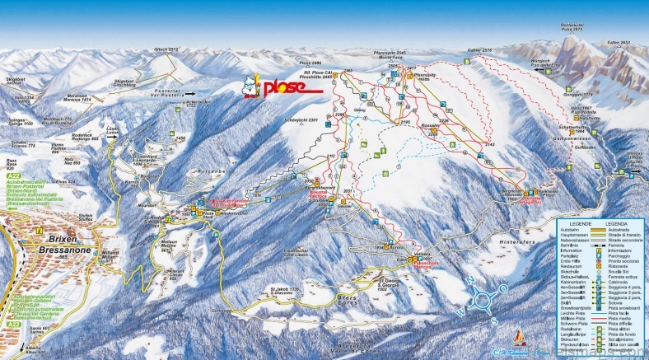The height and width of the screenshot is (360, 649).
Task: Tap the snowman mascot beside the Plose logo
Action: click(x=251, y=87)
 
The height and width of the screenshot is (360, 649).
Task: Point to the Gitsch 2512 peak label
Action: click(x=166, y=49)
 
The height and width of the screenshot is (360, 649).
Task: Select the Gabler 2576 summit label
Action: click(x=480, y=50)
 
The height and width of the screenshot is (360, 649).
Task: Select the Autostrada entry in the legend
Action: click(x=616, y=229)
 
